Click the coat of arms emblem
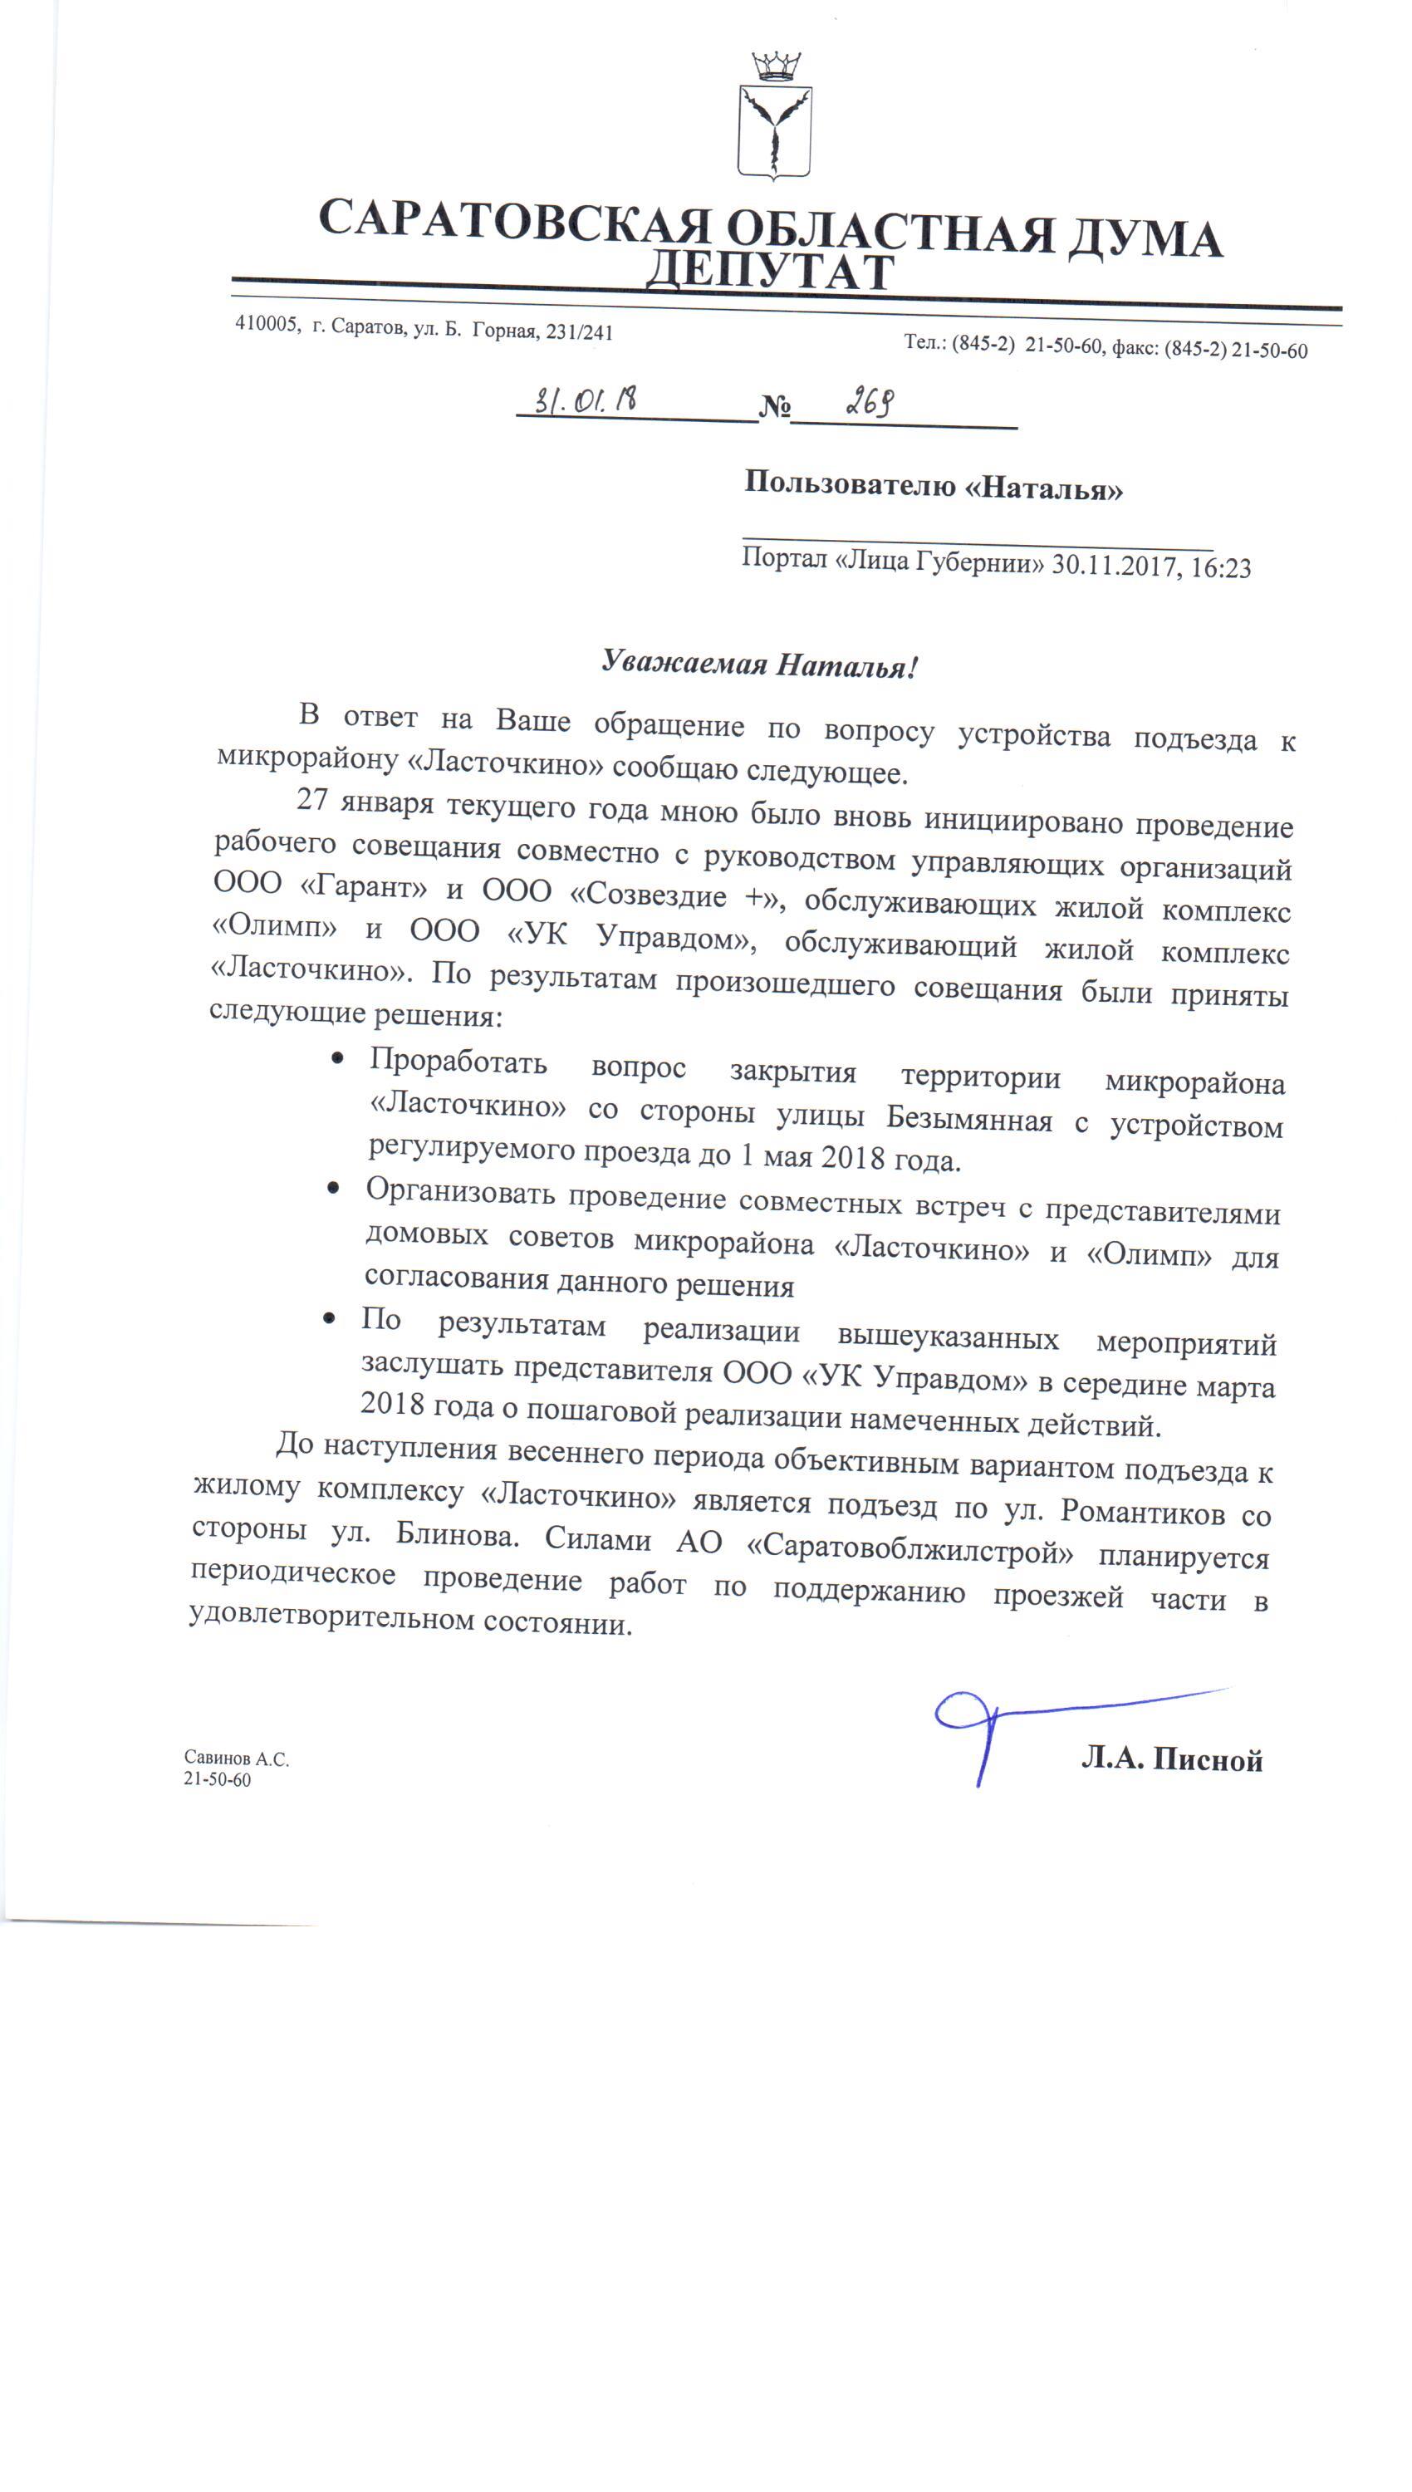[x=775, y=117]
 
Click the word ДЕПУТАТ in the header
[x=769, y=272]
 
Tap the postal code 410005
[x=266, y=324]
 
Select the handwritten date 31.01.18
[x=586, y=399]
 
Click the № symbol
[x=774, y=407]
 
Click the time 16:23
[x=1221, y=567]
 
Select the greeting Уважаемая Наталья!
[x=758, y=665]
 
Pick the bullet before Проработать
[x=337, y=1059]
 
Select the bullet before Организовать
[x=334, y=1188]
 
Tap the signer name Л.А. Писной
[x=1171, y=1759]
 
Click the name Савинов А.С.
[x=237, y=1758]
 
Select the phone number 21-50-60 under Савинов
[x=218, y=1779]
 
